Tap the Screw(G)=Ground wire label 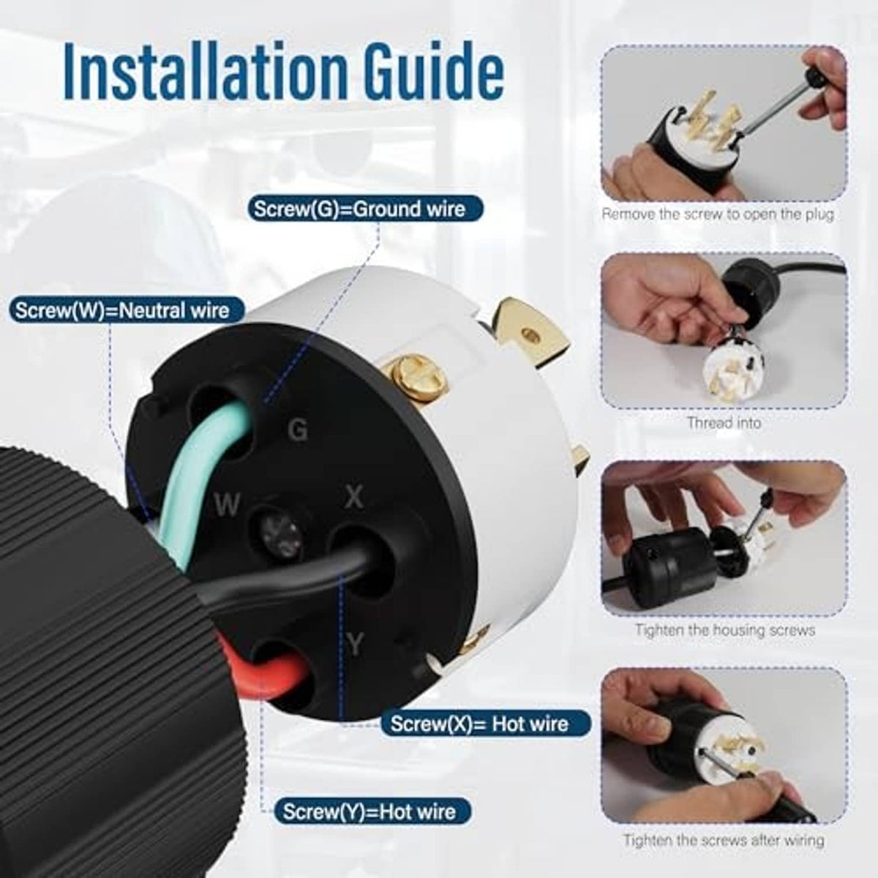coord(365,209)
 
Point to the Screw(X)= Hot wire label coord(485,724)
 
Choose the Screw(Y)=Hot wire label coord(373,811)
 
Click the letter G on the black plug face coord(298,429)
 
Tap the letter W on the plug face coord(227,505)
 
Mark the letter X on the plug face coord(353,498)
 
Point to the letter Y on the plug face coord(354,645)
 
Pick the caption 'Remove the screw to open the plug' coord(718,214)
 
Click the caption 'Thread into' coord(724,423)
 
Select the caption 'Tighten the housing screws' coord(725,630)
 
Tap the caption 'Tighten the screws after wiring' coord(724,840)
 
